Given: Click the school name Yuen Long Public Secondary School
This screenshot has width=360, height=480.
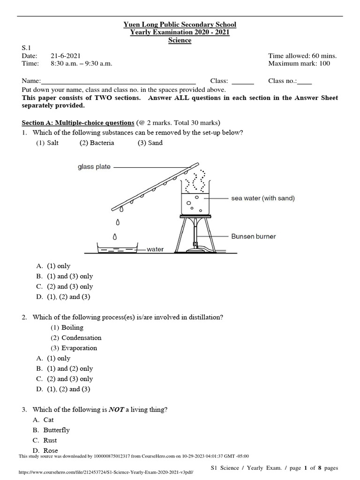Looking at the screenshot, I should pos(180,24).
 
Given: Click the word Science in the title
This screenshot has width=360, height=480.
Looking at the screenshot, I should pos(180,40).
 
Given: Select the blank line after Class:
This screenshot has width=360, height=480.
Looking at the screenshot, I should pos(243,82).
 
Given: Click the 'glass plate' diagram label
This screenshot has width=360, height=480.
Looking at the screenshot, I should pos(94,166).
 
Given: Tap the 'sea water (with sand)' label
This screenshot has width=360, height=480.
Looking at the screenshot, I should pos(263,198).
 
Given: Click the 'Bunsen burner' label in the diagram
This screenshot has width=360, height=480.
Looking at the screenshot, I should pos(254,236).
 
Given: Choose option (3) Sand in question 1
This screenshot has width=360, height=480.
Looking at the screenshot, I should pos(150,143).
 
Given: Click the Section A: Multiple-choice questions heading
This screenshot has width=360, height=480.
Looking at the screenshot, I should pos(78,123).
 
